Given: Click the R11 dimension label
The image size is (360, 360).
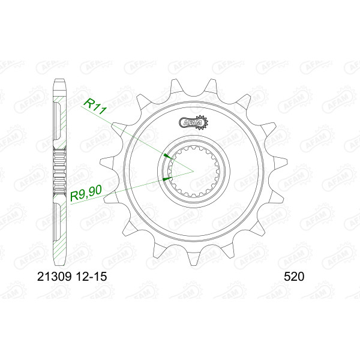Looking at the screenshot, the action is [x=95, y=107].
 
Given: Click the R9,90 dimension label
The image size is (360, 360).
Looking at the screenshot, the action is [x=86, y=193].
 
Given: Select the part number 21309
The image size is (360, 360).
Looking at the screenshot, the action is [x=55, y=277].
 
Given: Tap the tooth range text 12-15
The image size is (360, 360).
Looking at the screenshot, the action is [x=91, y=277].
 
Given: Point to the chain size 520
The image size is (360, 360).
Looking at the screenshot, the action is [x=294, y=277].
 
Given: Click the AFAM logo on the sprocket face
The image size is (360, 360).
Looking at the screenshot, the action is [x=193, y=122].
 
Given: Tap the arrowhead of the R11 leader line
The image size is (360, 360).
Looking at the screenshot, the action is [x=167, y=157].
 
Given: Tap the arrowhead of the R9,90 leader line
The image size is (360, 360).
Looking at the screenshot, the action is [x=167, y=178].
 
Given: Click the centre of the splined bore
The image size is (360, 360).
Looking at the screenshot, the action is [x=194, y=171].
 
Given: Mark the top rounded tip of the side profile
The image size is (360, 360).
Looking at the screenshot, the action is [x=59, y=79].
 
